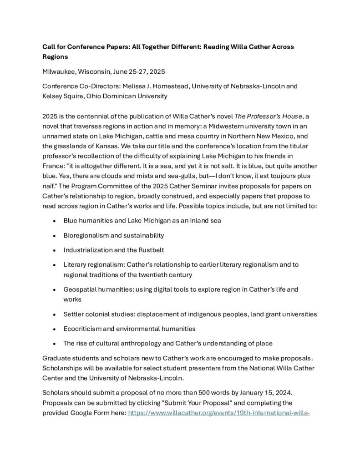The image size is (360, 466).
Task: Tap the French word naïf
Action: tap(49, 186)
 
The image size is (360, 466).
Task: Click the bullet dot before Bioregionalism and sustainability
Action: tap(54, 236)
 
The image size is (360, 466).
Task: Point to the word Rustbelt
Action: tap(149, 250)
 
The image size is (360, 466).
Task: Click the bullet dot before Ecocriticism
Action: tap(54, 329)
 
